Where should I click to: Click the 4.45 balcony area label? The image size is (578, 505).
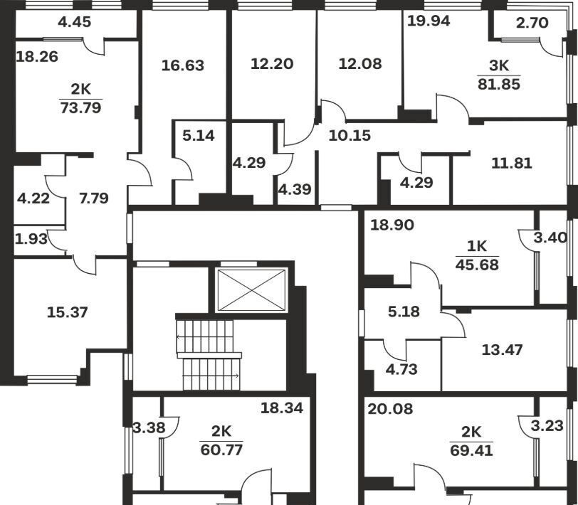(75, 22)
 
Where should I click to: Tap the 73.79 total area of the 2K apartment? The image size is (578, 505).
(80, 108)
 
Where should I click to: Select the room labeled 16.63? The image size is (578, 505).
(183, 65)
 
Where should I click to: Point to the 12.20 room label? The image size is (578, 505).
(272, 64)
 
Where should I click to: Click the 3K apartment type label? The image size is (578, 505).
(499, 66)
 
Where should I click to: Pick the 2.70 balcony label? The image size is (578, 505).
(532, 23)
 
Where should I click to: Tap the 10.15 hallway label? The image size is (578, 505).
(350, 136)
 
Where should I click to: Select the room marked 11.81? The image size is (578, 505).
(512, 163)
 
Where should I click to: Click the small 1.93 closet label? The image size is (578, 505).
(31, 240)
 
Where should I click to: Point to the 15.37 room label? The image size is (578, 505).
(68, 312)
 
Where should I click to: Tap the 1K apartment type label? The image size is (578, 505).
(477, 246)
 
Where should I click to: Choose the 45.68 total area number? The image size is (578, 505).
(477, 265)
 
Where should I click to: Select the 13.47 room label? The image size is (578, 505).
(502, 349)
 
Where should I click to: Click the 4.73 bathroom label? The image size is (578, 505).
(401, 369)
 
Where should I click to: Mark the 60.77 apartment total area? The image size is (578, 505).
(221, 450)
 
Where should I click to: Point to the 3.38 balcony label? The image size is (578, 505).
(149, 428)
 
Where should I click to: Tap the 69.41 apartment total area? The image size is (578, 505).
(471, 450)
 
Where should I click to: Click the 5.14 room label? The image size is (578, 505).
(199, 136)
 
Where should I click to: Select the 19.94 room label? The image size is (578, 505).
(429, 21)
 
